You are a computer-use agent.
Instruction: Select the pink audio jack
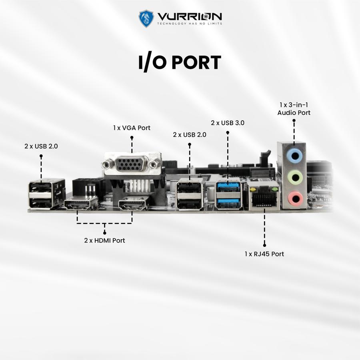(295, 197)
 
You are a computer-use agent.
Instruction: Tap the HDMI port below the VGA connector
(131, 206)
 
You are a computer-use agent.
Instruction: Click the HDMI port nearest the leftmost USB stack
(81, 205)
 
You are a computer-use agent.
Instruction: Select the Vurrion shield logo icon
(146, 18)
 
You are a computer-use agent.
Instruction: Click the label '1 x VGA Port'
(132, 128)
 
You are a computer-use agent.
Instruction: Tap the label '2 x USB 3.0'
(228, 123)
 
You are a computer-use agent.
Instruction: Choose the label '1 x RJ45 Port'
(264, 254)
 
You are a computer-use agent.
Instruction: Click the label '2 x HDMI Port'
(104, 240)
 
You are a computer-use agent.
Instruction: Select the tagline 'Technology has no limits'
(190, 24)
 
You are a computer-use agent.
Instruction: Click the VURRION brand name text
(190, 16)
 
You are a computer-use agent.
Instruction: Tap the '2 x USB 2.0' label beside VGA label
(190, 135)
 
